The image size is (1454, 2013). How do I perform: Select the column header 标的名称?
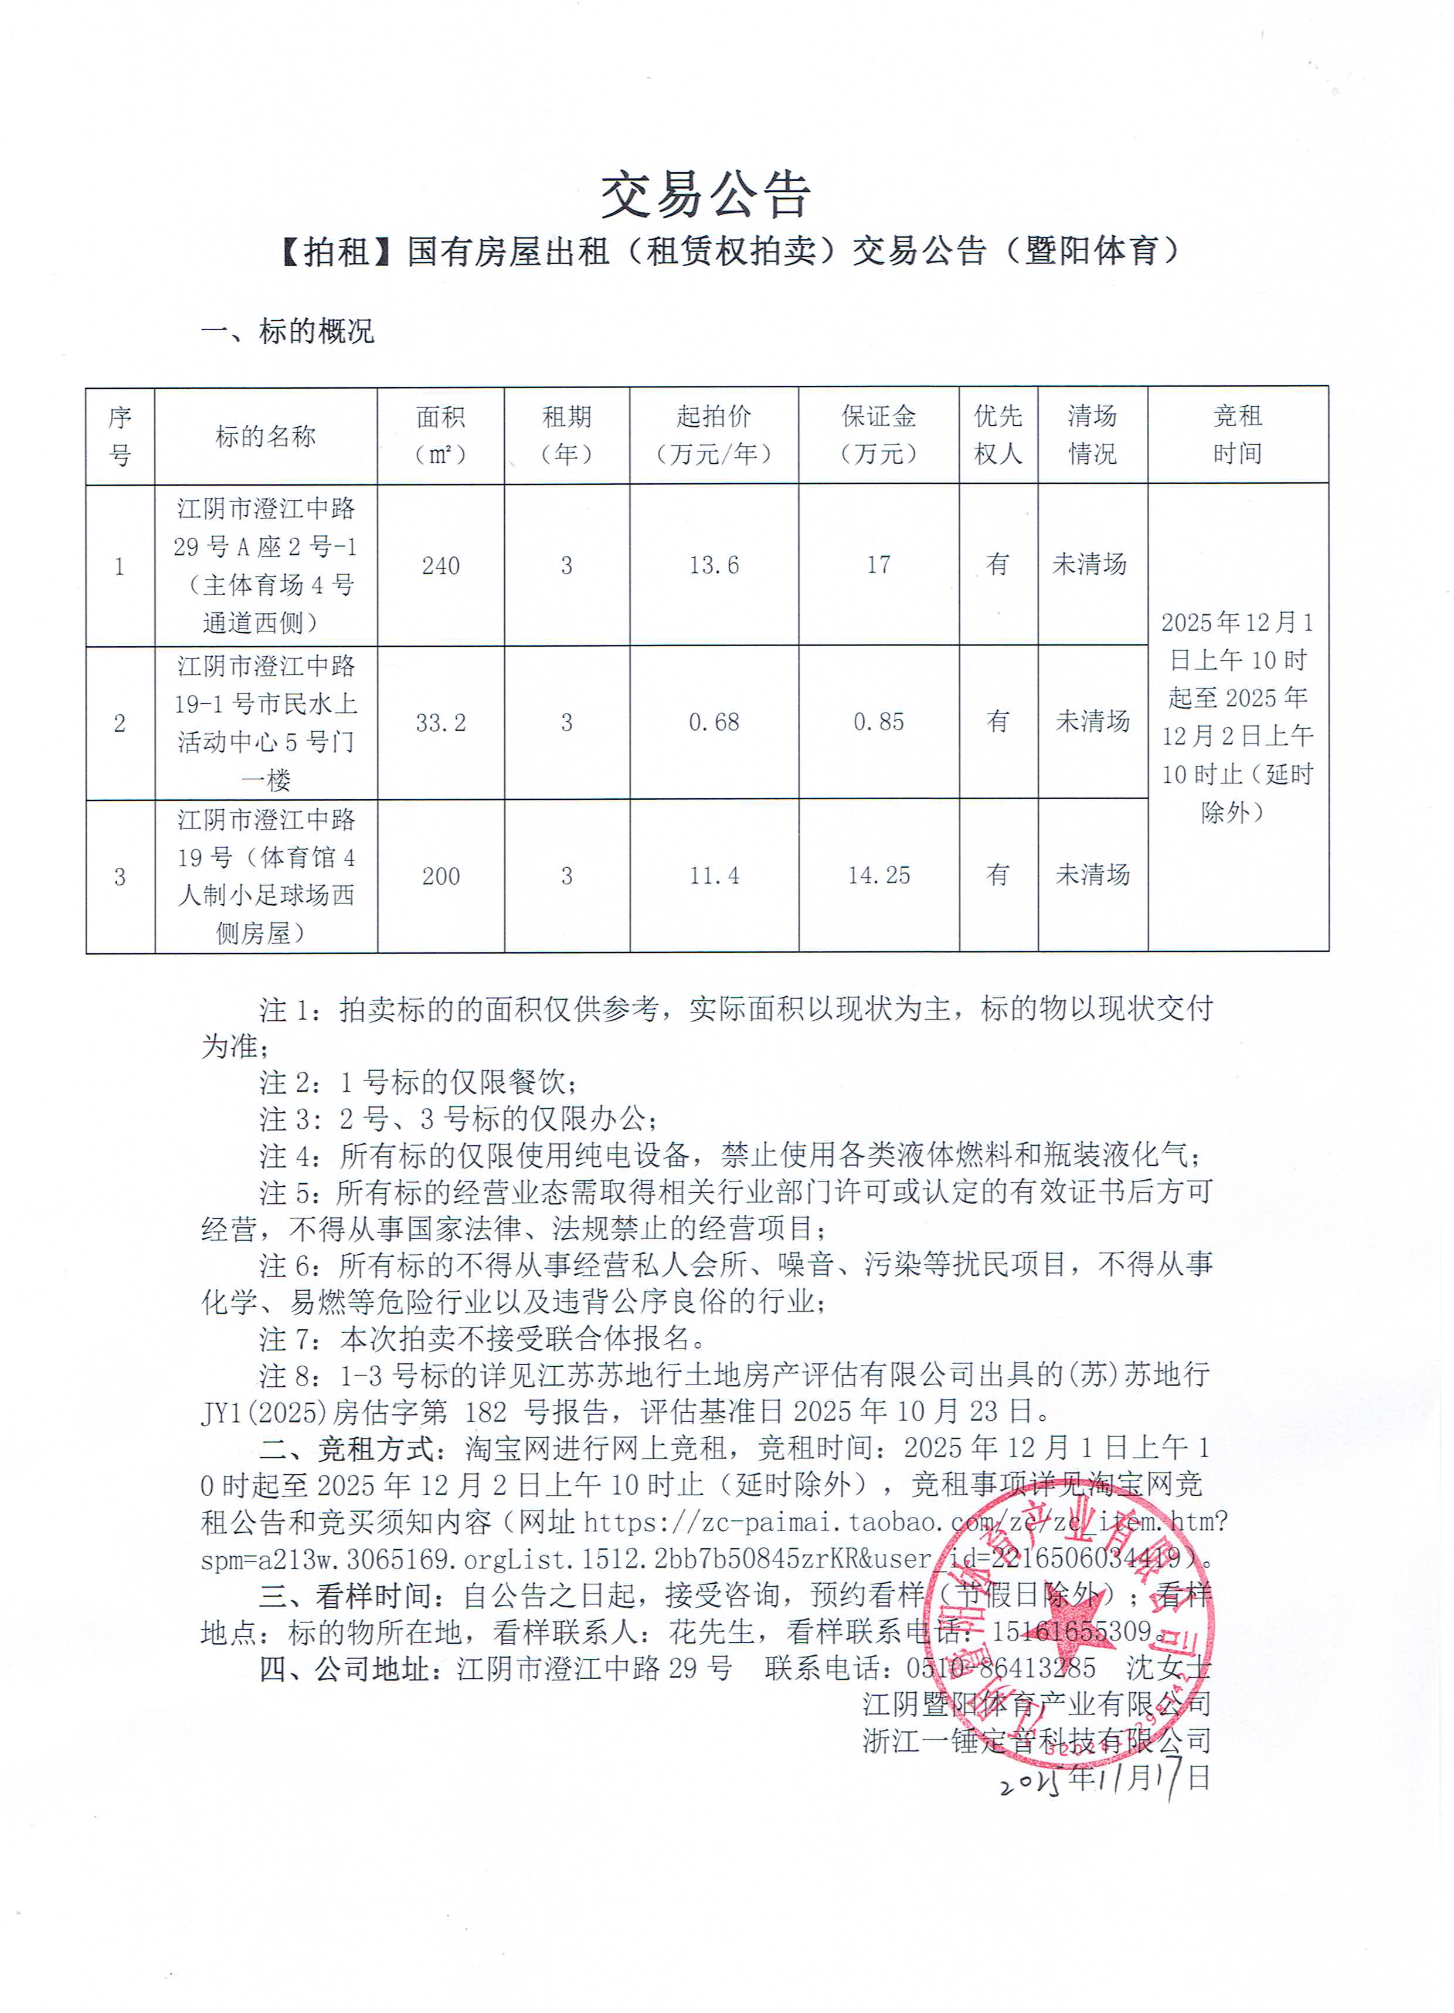coord(266,436)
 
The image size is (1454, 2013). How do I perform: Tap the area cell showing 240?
coord(440,565)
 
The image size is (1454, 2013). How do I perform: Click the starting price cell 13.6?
coord(714,565)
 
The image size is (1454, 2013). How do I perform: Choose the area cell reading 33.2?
coord(440,722)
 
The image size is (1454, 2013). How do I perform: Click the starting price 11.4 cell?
coord(714,876)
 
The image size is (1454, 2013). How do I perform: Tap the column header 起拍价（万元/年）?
coord(714,435)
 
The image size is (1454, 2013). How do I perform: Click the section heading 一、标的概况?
coord(288,331)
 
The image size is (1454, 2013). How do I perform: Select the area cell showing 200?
coord(440,876)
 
